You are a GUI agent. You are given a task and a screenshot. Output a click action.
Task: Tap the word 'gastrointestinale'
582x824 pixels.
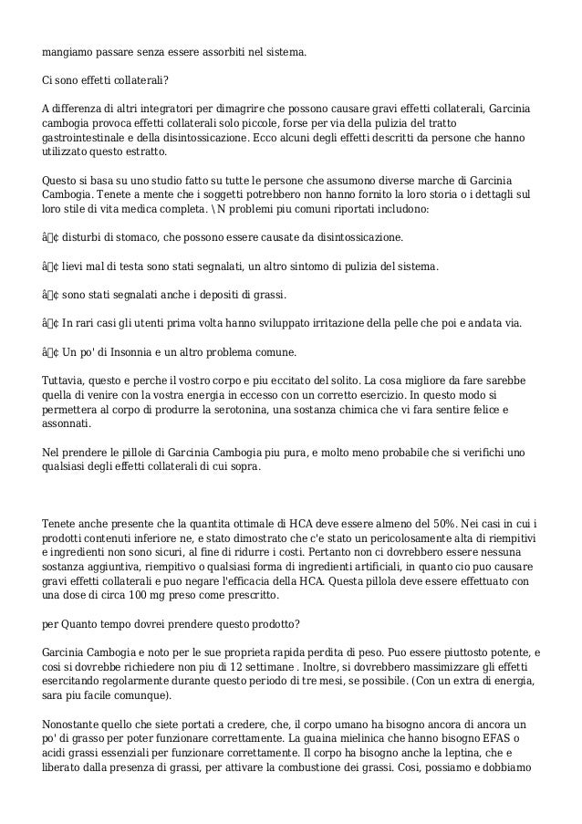(88, 138)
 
